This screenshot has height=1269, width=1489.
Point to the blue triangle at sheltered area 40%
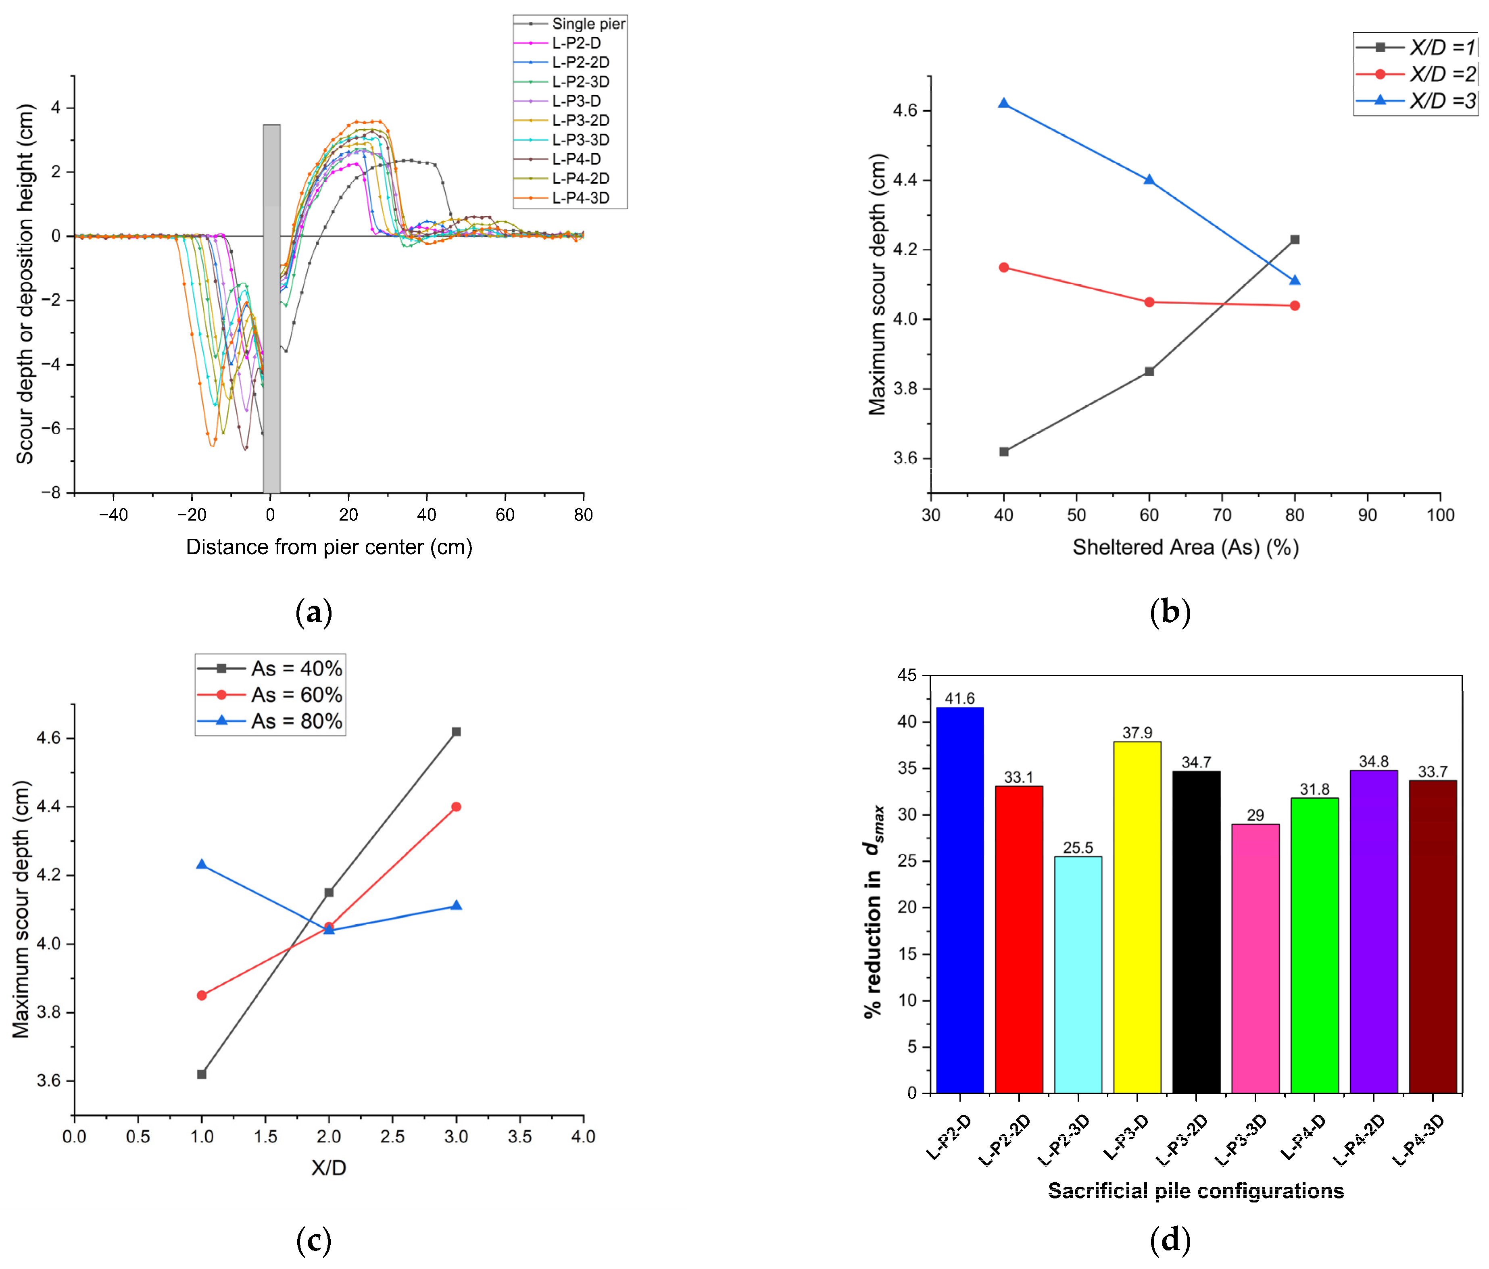(x=1003, y=104)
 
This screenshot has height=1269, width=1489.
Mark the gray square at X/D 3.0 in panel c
(x=456, y=731)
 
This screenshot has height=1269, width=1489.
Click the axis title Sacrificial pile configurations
(x=1195, y=1191)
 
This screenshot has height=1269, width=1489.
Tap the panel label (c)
(x=313, y=1240)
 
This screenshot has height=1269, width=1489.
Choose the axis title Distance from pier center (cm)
(x=329, y=547)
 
